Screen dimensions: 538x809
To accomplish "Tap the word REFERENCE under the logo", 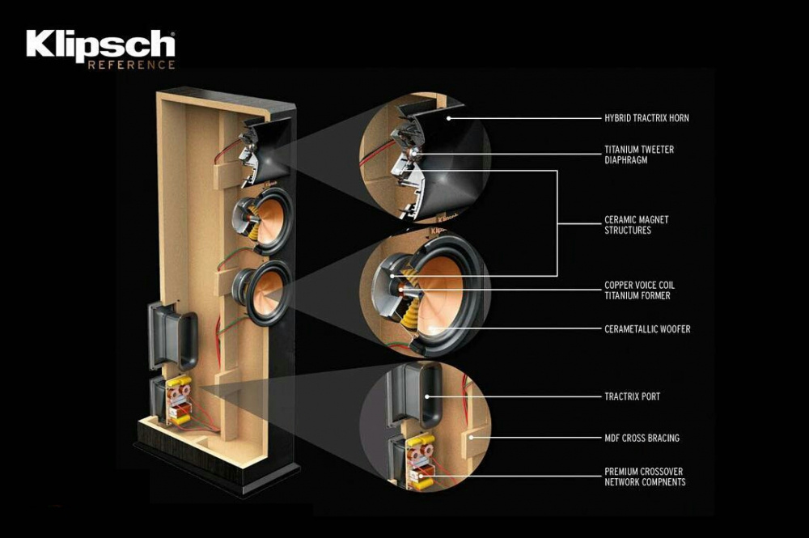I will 131,65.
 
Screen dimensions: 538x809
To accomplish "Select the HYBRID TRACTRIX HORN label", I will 646,118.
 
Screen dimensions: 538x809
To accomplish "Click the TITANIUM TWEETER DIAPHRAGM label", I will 638,155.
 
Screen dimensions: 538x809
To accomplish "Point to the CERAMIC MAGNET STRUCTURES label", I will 637,225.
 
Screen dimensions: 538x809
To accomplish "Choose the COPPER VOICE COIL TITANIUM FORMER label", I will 639,290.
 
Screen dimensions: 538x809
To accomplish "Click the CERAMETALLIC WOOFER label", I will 647,329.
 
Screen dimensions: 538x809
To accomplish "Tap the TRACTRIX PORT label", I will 632,396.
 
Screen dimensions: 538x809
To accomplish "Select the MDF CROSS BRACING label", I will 642,438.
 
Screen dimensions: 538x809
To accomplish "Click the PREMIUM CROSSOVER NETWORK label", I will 645,477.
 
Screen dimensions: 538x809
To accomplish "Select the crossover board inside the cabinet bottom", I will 178,400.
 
